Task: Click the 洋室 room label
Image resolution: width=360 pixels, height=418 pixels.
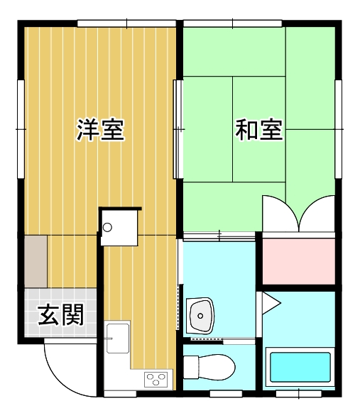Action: point(101,130)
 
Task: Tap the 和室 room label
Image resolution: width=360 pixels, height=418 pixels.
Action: point(259,130)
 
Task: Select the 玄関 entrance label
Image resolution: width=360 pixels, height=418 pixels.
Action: point(61,314)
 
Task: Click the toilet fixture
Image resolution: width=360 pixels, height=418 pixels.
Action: point(209,367)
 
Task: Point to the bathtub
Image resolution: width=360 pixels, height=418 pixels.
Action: point(300,367)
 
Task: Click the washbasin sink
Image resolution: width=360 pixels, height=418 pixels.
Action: point(200,316)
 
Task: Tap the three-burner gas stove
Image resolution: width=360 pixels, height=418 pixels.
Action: point(156,380)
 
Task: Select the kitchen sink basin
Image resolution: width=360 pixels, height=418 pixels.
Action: point(118,339)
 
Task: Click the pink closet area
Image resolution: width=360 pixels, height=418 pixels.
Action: point(299,262)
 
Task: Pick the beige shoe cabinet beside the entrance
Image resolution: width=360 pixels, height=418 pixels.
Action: point(36,262)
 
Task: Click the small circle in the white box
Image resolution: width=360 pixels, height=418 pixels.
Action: point(107,227)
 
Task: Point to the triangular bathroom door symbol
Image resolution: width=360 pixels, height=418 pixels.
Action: point(271,303)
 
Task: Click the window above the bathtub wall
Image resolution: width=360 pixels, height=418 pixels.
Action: point(299,394)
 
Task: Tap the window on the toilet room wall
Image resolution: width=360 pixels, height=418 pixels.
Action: point(226,394)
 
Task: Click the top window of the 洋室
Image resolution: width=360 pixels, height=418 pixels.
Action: point(126,23)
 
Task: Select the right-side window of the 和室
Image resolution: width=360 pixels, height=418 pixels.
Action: point(339,129)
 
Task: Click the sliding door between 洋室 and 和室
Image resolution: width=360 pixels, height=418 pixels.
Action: point(178,129)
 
